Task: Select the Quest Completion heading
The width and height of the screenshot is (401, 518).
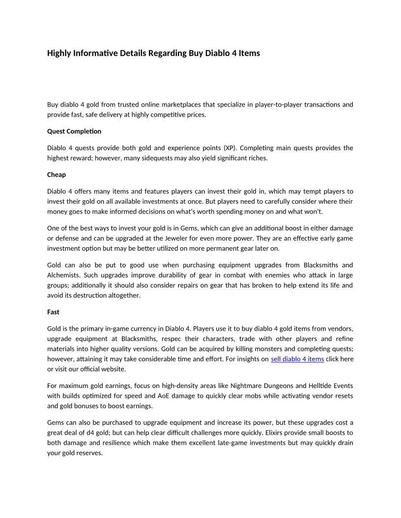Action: tap(74, 131)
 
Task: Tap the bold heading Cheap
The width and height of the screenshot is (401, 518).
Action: tap(57, 175)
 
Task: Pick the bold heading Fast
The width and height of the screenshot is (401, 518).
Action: tap(53, 312)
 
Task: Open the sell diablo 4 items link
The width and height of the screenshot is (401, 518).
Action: tap(297, 359)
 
